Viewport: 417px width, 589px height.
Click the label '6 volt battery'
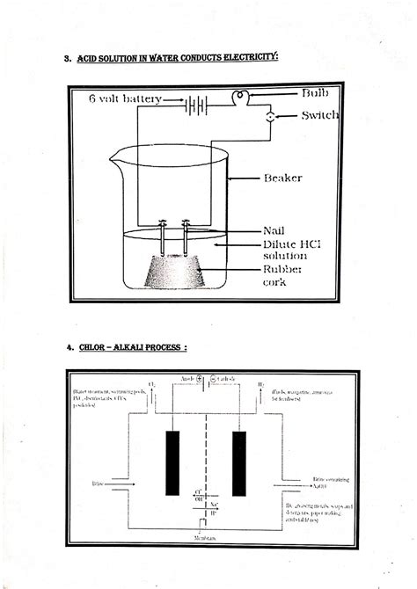[x=125, y=99]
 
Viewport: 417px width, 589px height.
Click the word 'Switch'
[x=319, y=115]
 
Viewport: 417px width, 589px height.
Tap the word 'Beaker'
[x=283, y=178]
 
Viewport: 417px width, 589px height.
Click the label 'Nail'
[x=274, y=230]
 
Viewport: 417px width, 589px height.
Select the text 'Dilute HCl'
[x=289, y=244]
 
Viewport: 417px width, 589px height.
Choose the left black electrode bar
[x=172, y=462]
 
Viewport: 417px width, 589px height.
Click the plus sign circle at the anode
[x=201, y=380]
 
